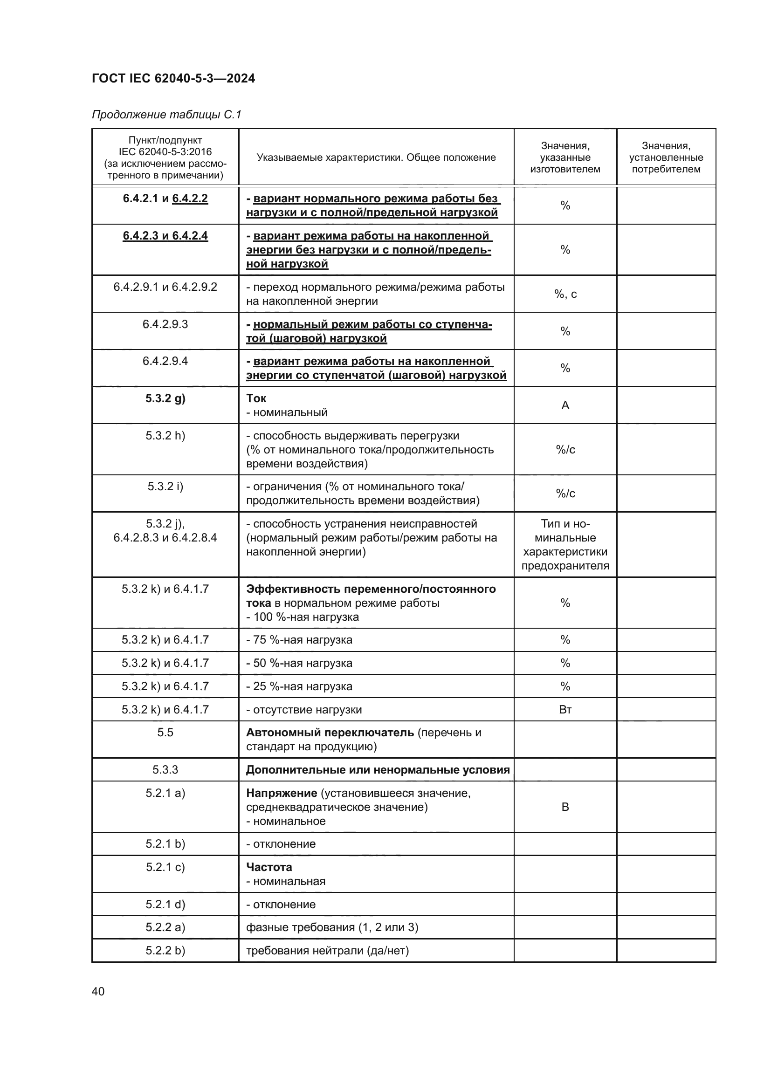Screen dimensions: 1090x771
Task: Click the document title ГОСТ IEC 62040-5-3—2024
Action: point(173,78)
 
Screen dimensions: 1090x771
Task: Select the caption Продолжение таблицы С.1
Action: point(166,115)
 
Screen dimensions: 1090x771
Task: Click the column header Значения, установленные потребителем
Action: point(666,157)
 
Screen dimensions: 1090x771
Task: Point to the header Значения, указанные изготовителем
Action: point(565,157)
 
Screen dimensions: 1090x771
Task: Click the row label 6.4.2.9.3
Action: point(165,324)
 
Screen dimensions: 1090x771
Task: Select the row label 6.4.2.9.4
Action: point(165,361)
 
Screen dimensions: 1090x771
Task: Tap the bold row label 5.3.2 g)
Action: point(165,398)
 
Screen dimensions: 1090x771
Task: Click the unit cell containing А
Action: point(565,405)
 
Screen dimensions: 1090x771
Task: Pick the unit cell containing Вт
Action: point(565,710)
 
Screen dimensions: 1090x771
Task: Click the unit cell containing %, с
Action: point(565,295)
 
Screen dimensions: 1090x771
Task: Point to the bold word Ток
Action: point(256,398)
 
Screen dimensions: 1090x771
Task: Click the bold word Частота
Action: point(268,867)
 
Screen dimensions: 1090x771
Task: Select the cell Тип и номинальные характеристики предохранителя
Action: point(565,544)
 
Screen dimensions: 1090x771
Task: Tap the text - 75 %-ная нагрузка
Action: point(299,640)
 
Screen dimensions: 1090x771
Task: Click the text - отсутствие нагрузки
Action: point(304,710)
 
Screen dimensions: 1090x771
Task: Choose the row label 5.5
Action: point(165,733)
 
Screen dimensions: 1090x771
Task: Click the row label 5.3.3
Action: point(165,769)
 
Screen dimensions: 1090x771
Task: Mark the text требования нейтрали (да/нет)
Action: point(327,950)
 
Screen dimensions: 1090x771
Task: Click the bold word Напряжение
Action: point(282,793)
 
